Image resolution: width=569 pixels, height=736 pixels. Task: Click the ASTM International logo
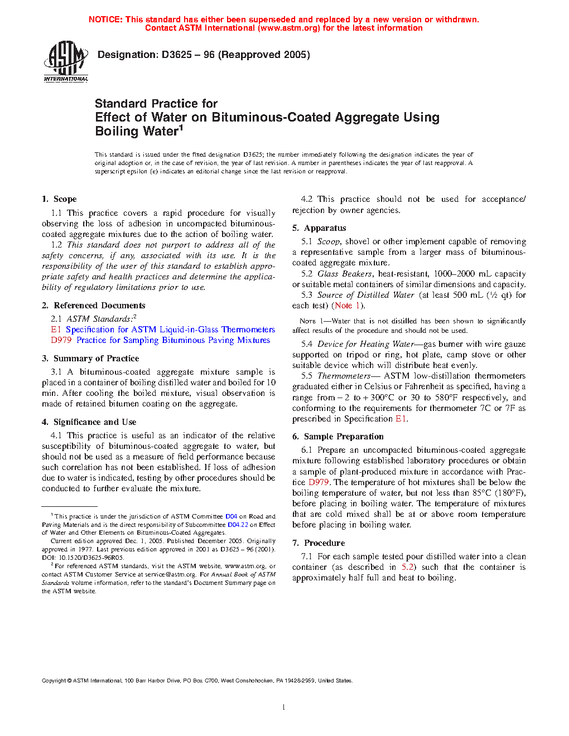tap(66, 62)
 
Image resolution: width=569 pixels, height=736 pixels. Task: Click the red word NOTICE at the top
tap(105, 20)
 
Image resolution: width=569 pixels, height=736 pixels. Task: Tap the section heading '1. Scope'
tap(59, 199)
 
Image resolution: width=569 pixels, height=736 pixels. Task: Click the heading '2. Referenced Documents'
tap(94, 306)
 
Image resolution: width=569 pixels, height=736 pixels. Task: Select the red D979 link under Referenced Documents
tap(61, 340)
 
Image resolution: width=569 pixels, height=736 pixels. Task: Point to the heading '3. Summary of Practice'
tap(90, 359)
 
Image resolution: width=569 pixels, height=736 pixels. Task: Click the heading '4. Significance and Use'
tap(89, 422)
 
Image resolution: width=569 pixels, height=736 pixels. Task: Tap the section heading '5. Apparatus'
tap(319, 228)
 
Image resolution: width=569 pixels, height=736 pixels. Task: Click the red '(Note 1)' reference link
tap(348, 306)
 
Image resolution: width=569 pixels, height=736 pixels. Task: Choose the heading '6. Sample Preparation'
tap(338, 437)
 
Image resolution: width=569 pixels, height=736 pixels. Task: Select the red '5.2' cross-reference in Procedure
tap(408, 567)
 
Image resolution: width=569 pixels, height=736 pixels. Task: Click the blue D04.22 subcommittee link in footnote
tap(238, 525)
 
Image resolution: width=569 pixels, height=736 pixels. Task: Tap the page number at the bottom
tap(284, 708)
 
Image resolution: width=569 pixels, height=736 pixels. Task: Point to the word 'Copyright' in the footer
tap(54, 681)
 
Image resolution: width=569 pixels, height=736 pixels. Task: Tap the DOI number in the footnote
tap(90, 558)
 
